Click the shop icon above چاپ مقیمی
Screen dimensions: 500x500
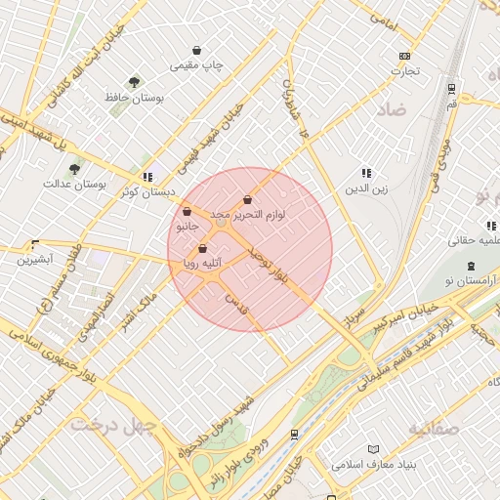point(197,50)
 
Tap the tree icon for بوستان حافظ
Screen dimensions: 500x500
point(134,82)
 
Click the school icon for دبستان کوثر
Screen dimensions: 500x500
point(146,177)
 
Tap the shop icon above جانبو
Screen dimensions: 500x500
point(187,211)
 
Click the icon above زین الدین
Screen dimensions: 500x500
point(366,173)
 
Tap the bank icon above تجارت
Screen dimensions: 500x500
point(404,57)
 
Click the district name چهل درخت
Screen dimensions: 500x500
point(100,425)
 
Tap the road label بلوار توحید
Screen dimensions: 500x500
point(269,268)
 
